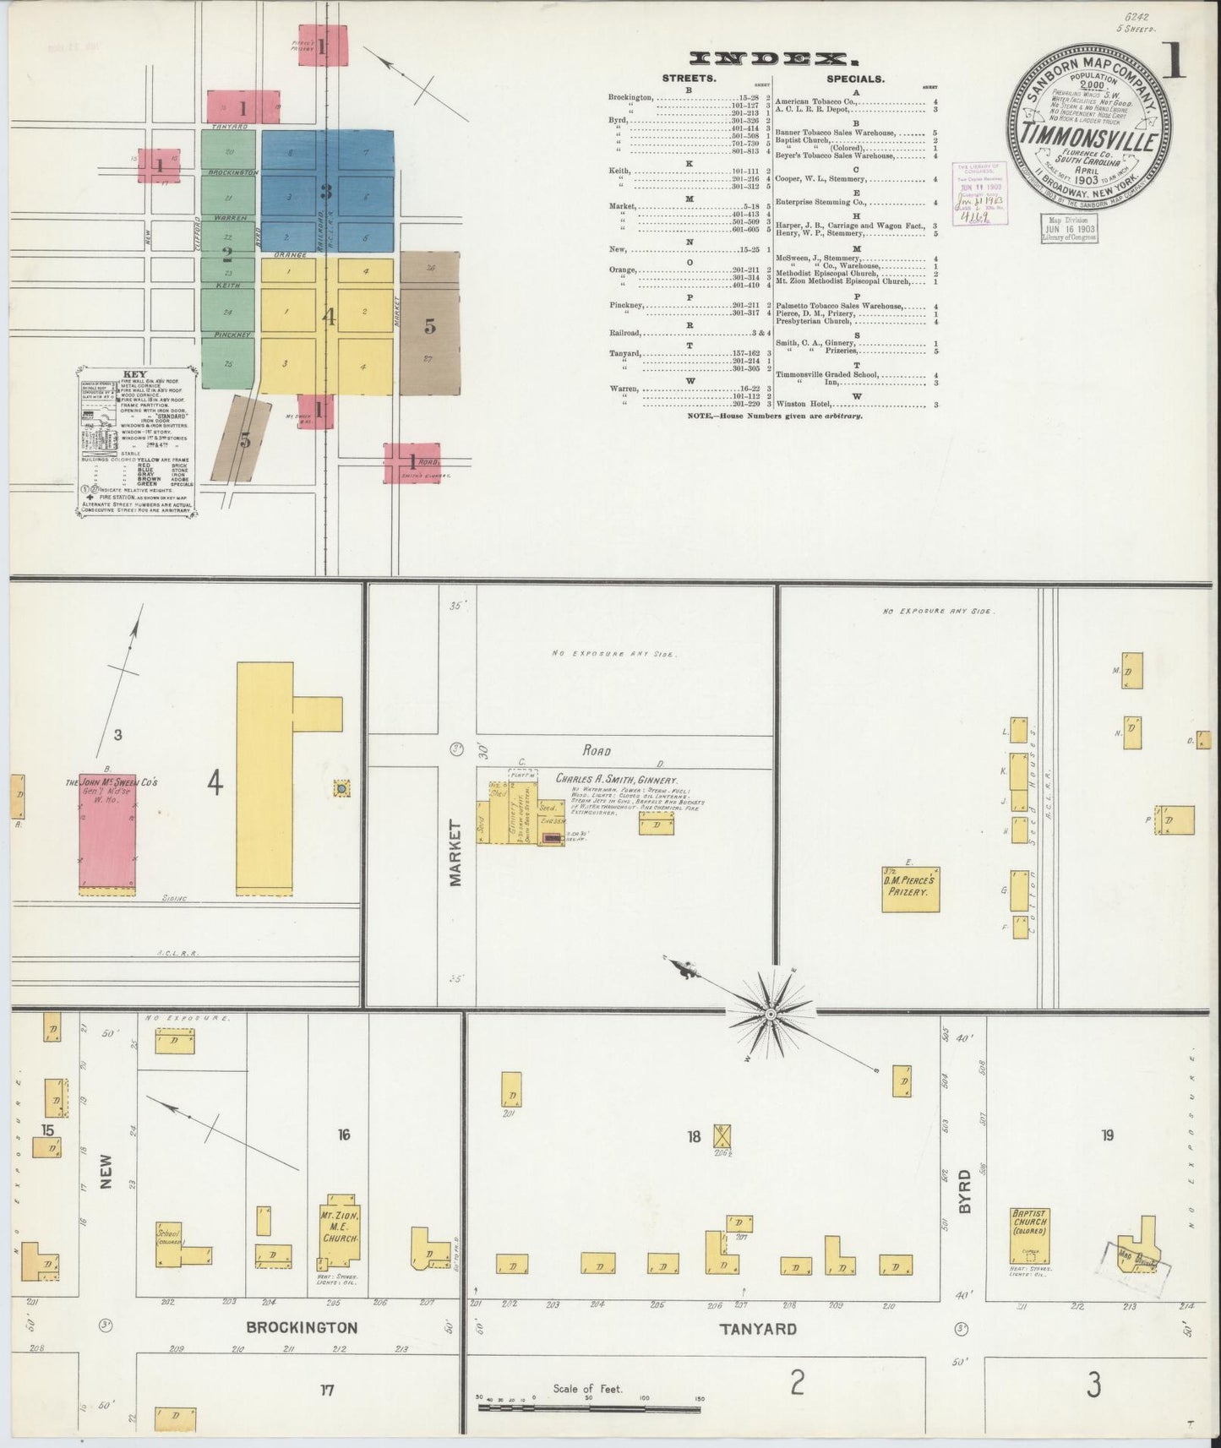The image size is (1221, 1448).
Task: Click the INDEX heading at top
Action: tap(768, 57)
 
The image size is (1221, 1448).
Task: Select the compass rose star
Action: tap(771, 1011)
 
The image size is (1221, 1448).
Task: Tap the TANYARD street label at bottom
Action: tap(757, 1329)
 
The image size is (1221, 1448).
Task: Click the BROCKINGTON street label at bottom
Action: tap(302, 1328)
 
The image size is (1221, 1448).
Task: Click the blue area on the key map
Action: tap(326, 190)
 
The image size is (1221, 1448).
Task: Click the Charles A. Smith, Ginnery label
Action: tap(617, 781)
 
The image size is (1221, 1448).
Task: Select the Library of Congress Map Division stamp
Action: tap(1068, 227)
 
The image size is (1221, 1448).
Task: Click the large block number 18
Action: tap(694, 1136)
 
